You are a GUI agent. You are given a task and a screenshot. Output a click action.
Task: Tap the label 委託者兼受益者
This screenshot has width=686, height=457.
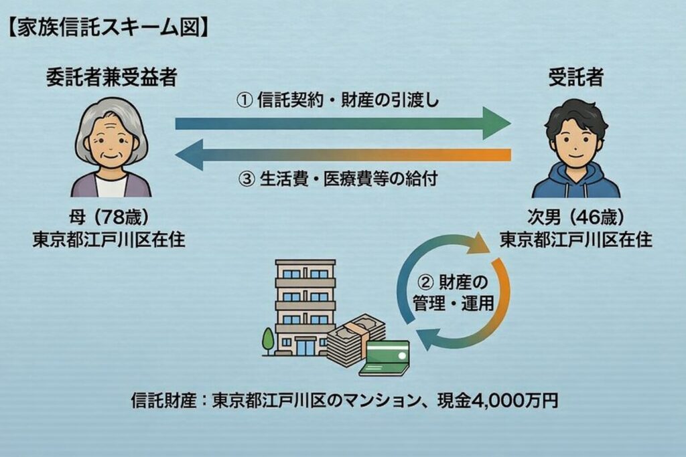[111, 78]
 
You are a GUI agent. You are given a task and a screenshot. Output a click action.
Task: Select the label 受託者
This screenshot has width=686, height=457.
[576, 78]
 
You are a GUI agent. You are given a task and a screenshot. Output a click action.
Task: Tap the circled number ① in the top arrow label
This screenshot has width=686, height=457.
[245, 100]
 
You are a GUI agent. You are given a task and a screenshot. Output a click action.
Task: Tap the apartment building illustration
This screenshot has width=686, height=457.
[305, 308]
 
